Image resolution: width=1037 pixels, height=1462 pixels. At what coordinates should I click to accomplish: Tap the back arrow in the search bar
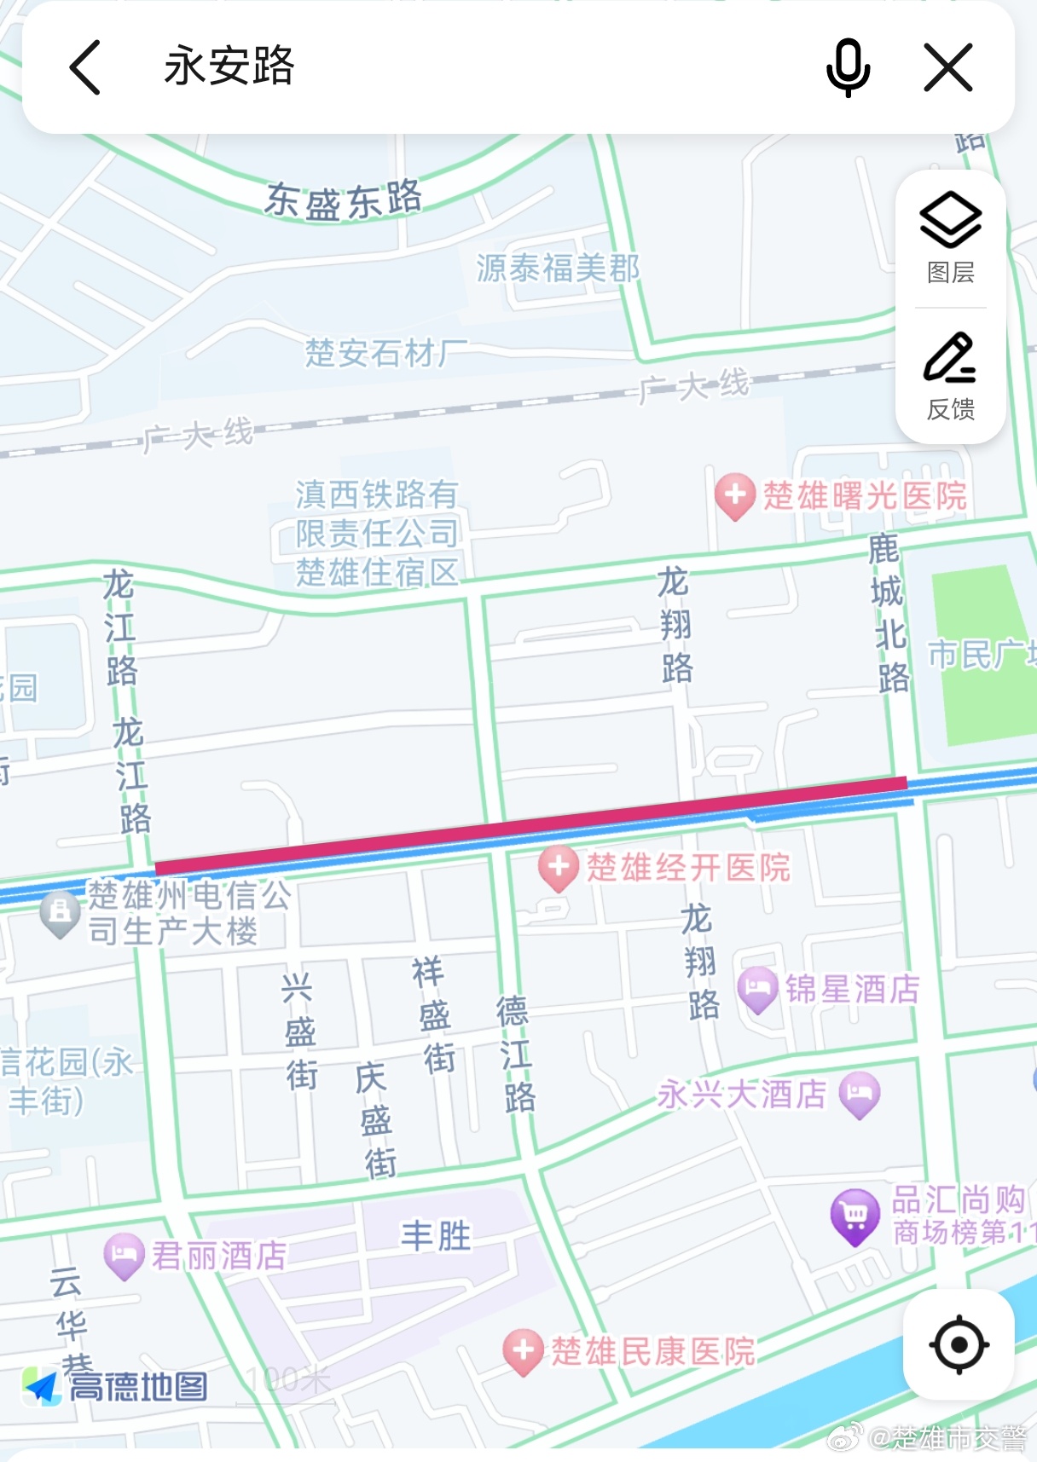(x=85, y=67)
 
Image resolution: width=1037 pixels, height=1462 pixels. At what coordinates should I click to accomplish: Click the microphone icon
(x=848, y=67)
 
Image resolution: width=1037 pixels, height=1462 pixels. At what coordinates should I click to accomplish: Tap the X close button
(x=948, y=67)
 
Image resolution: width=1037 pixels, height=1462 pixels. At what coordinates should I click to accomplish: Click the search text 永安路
(x=229, y=66)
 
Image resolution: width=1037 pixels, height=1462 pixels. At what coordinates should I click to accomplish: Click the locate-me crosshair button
(x=959, y=1344)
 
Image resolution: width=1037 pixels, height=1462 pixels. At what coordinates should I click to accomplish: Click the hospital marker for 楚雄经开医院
(x=559, y=868)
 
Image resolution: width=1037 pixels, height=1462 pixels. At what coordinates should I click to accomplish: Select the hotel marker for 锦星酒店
(x=757, y=990)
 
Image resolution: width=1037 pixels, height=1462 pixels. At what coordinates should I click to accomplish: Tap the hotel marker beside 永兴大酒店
(x=860, y=1095)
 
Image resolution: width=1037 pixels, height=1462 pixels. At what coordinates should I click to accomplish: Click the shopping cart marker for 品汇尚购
(x=855, y=1216)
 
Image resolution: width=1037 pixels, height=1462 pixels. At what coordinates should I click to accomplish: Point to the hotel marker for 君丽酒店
(x=125, y=1256)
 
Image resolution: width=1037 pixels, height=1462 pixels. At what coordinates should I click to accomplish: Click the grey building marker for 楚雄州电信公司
(x=61, y=913)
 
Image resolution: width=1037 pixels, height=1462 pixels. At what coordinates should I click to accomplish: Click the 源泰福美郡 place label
(x=558, y=269)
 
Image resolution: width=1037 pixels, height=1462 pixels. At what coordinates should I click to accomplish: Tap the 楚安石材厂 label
(x=386, y=352)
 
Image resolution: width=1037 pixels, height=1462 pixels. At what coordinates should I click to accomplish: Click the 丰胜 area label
(x=436, y=1235)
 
